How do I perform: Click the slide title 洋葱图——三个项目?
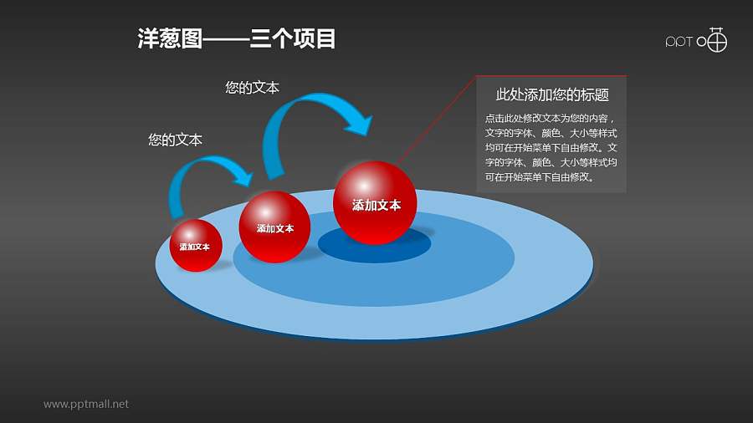(x=236, y=38)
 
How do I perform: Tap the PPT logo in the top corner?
(x=696, y=40)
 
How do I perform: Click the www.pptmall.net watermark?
(x=86, y=405)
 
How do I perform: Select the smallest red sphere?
(x=196, y=246)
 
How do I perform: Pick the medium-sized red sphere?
(x=274, y=227)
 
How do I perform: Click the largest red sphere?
(x=375, y=203)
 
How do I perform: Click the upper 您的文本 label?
(x=252, y=87)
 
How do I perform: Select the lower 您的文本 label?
(x=175, y=140)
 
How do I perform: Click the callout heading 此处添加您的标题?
(x=552, y=95)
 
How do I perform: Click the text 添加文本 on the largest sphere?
(x=376, y=206)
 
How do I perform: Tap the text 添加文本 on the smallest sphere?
(x=194, y=247)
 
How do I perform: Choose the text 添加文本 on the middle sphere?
(x=275, y=229)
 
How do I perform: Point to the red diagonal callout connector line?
(x=436, y=120)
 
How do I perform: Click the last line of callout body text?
(x=540, y=177)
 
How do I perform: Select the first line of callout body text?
(x=551, y=118)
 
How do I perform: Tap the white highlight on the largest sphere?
(x=364, y=185)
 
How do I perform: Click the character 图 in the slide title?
(x=192, y=38)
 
